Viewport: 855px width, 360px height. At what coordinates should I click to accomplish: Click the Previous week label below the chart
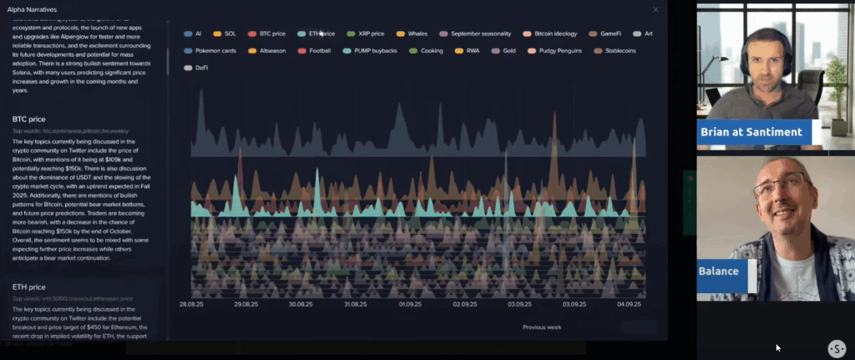(x=542, y=327)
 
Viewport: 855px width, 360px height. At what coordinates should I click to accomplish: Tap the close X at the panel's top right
(x=655, y=9)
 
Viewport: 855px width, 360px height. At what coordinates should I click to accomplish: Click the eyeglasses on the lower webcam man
(x=782, y=186)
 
